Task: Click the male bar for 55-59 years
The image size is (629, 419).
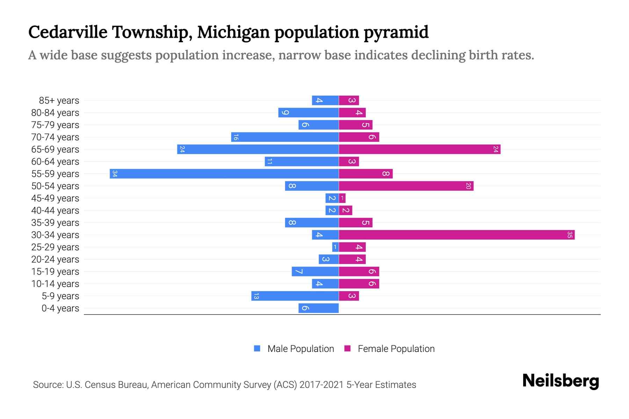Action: (224, 174)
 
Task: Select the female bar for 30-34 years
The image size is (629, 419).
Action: (456, 235)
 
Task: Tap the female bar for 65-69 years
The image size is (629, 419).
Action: (419, 149)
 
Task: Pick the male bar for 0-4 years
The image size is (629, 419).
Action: (318, 308)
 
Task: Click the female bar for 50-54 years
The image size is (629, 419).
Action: (406, 186)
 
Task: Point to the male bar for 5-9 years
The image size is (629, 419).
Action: (295, 296)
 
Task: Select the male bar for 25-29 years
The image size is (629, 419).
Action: (335, 247)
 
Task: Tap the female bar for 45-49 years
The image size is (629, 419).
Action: (342, 198)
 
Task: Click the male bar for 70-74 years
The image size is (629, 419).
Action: (285, 137)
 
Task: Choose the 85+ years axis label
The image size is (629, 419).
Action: (59, 101)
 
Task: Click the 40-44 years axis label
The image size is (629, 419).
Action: (55, 211)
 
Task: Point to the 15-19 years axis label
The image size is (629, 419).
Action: (55, 272)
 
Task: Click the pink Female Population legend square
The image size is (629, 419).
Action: (347, 348)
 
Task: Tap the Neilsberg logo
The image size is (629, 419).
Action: (561, 381)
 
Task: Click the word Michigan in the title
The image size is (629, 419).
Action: (233, 32)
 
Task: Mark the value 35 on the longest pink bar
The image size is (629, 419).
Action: (570, 235)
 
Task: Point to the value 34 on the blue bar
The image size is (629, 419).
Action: (115, 174)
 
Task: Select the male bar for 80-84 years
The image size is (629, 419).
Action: (308, 112)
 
